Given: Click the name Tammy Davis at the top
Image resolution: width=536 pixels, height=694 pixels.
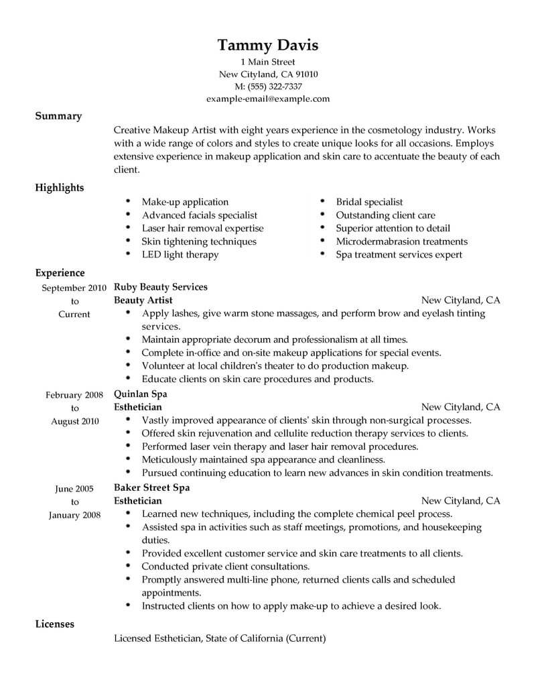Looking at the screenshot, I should coord(268,46).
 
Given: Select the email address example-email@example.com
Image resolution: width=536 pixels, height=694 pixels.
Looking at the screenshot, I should coord(268,99).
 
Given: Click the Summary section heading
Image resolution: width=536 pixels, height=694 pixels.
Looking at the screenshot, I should coord(58,116).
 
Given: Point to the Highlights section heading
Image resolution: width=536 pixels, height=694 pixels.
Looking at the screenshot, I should coord(60,188).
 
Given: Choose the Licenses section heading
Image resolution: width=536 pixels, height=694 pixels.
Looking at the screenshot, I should coord(55,624).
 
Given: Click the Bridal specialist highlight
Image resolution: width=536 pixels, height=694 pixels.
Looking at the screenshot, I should coord(369,202).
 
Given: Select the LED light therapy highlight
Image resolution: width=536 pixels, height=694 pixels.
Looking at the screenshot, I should coord(180,255).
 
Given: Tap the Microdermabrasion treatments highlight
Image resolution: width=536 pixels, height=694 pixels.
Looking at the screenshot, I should coord(401,241).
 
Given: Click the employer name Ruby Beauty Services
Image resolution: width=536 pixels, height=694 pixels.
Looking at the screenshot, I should coord(161,287).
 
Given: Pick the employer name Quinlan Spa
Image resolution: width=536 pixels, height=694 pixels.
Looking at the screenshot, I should coord(141,394).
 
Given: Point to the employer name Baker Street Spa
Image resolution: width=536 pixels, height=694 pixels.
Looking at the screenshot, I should coord(151,487).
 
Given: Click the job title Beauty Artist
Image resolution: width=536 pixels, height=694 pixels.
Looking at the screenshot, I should coord(143,300).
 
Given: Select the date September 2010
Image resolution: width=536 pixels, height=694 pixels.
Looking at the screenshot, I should coord(73,288).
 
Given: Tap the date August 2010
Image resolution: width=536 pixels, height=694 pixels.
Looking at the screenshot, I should coord(74,421).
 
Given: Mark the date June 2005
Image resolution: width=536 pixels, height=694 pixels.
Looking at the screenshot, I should coord(74,489).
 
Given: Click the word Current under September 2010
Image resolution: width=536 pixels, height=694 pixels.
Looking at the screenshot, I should coord(74,314).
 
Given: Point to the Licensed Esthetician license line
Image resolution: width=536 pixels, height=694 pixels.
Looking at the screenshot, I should coord(220,639).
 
